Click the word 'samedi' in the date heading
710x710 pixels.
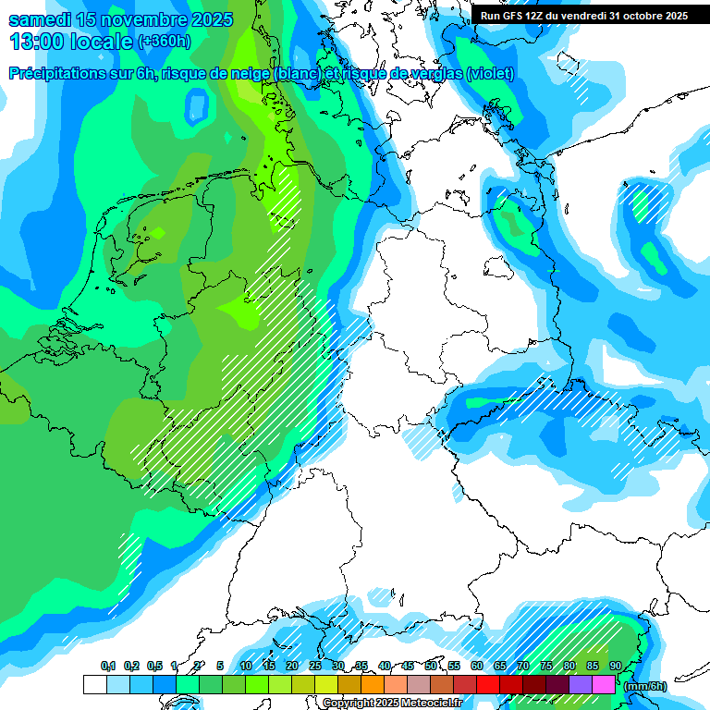click(41, 20)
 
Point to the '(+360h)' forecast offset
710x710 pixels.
click(165, 42)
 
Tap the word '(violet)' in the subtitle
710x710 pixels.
click(490, 74)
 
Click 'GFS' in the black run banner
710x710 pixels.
click(514, 16)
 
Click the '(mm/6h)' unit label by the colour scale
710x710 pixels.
click(644, 686)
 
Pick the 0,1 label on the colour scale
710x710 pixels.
click(108, 666)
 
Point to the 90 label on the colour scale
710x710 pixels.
click(615, 666)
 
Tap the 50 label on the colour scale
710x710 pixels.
click(431, 666)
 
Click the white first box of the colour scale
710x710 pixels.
click(94, 684)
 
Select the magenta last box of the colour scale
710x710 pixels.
click(604, 684)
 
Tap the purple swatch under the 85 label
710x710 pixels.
click(581, 684)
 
